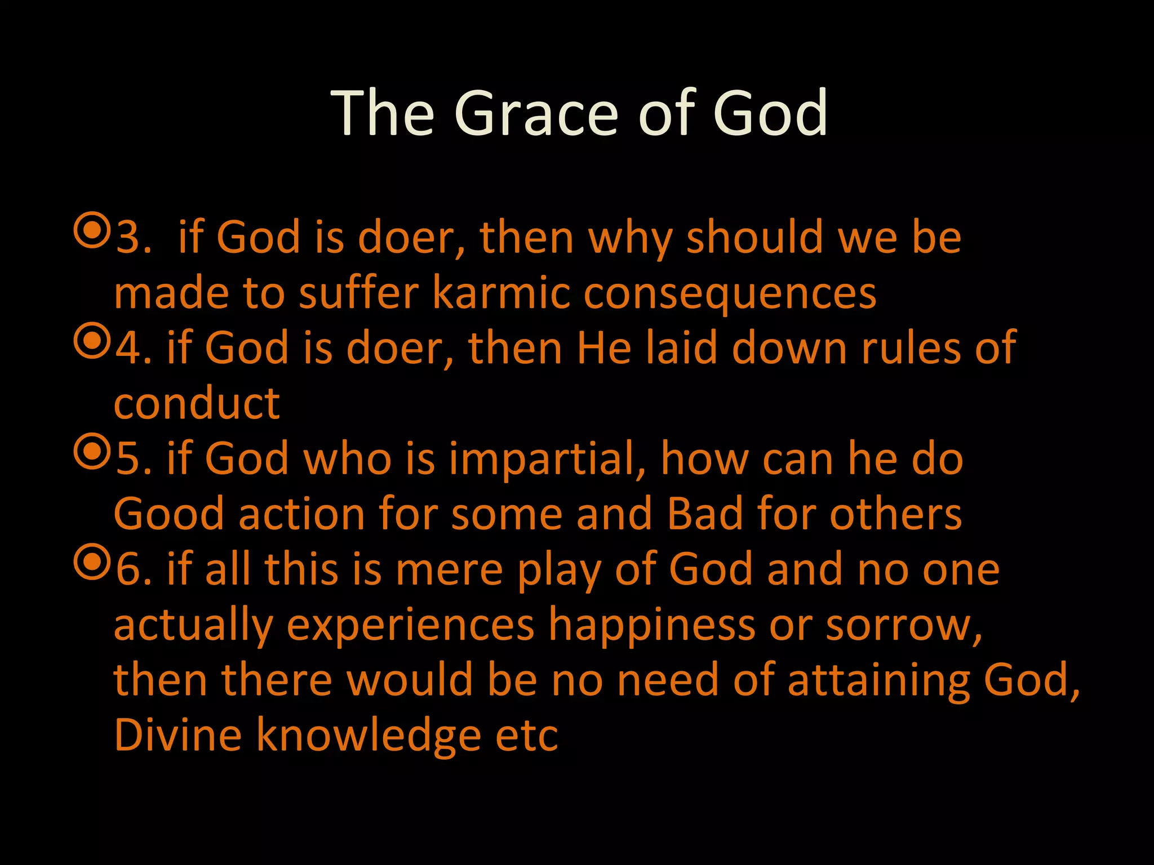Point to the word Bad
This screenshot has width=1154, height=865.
click(x=705, y=514)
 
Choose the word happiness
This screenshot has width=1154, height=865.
click(x=651, y=625)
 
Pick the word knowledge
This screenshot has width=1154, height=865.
click(x=369, y=735)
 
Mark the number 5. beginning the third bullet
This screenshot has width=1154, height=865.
click(x=134, y=459)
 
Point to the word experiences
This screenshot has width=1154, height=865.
click(x=410, y=625)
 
